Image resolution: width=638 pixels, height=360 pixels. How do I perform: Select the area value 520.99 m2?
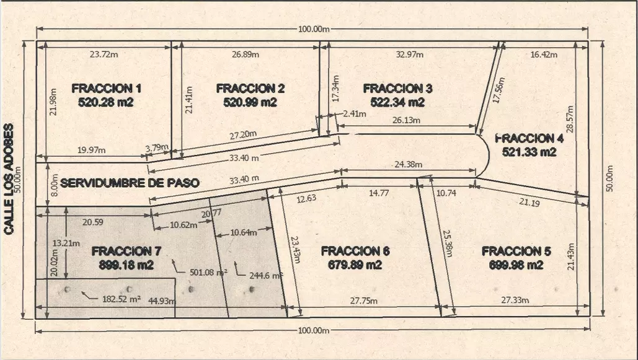pos(250,102)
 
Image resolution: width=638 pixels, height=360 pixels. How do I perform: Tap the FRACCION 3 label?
pos(397,88)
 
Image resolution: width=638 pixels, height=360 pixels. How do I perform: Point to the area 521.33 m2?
pos(529,152)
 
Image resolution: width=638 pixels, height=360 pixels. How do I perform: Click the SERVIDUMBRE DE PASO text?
pos(131,183)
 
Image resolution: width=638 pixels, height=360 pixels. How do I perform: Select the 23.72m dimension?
pos(104,55)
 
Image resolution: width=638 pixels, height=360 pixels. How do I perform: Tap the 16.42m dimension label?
pos(544,55)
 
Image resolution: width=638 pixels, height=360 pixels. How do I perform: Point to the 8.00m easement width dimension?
pos(54,184)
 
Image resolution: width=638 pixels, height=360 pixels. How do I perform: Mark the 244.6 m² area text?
pos(266,276)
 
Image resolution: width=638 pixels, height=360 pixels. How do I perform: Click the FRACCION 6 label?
pos(355,251)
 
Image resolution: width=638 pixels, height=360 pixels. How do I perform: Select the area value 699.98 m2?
pos(512,265)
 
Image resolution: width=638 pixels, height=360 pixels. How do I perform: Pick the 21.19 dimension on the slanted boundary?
pos(529,202)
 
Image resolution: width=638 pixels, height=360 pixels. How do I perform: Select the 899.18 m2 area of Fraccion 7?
pos(125,265)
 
